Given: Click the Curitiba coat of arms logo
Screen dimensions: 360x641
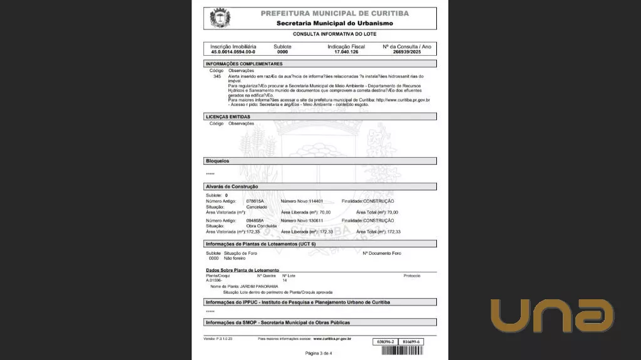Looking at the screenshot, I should tap(220, 18).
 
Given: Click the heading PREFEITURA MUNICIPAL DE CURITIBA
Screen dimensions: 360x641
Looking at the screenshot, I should tap(334, 13).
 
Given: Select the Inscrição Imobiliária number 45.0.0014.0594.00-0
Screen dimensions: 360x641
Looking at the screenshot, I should tap(233, 52).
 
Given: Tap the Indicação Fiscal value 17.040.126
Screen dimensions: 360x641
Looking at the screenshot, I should tap(346, 52).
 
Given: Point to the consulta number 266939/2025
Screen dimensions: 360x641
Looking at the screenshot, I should tap(407, 52).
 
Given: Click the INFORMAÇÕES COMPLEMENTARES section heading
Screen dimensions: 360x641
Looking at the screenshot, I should tap(244, 64).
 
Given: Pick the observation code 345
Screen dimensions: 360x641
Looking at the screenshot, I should tap(217, 76).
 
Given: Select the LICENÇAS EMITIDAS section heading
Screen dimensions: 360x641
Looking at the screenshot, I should tap(228, 116).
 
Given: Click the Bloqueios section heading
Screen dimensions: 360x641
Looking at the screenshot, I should tap(218, 161).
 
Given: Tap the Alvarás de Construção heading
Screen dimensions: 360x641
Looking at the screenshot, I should tap(232, 187).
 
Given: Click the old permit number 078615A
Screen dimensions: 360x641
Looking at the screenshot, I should tap(255, 201).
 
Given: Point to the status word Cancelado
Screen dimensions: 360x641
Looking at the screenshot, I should tap(257, 207).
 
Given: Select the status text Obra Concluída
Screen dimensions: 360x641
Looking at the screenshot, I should tap(262, 226).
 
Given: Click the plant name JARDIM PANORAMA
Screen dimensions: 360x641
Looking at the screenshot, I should tap(259, 286).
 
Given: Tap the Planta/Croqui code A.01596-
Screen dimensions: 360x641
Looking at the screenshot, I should tap(214, 280).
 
